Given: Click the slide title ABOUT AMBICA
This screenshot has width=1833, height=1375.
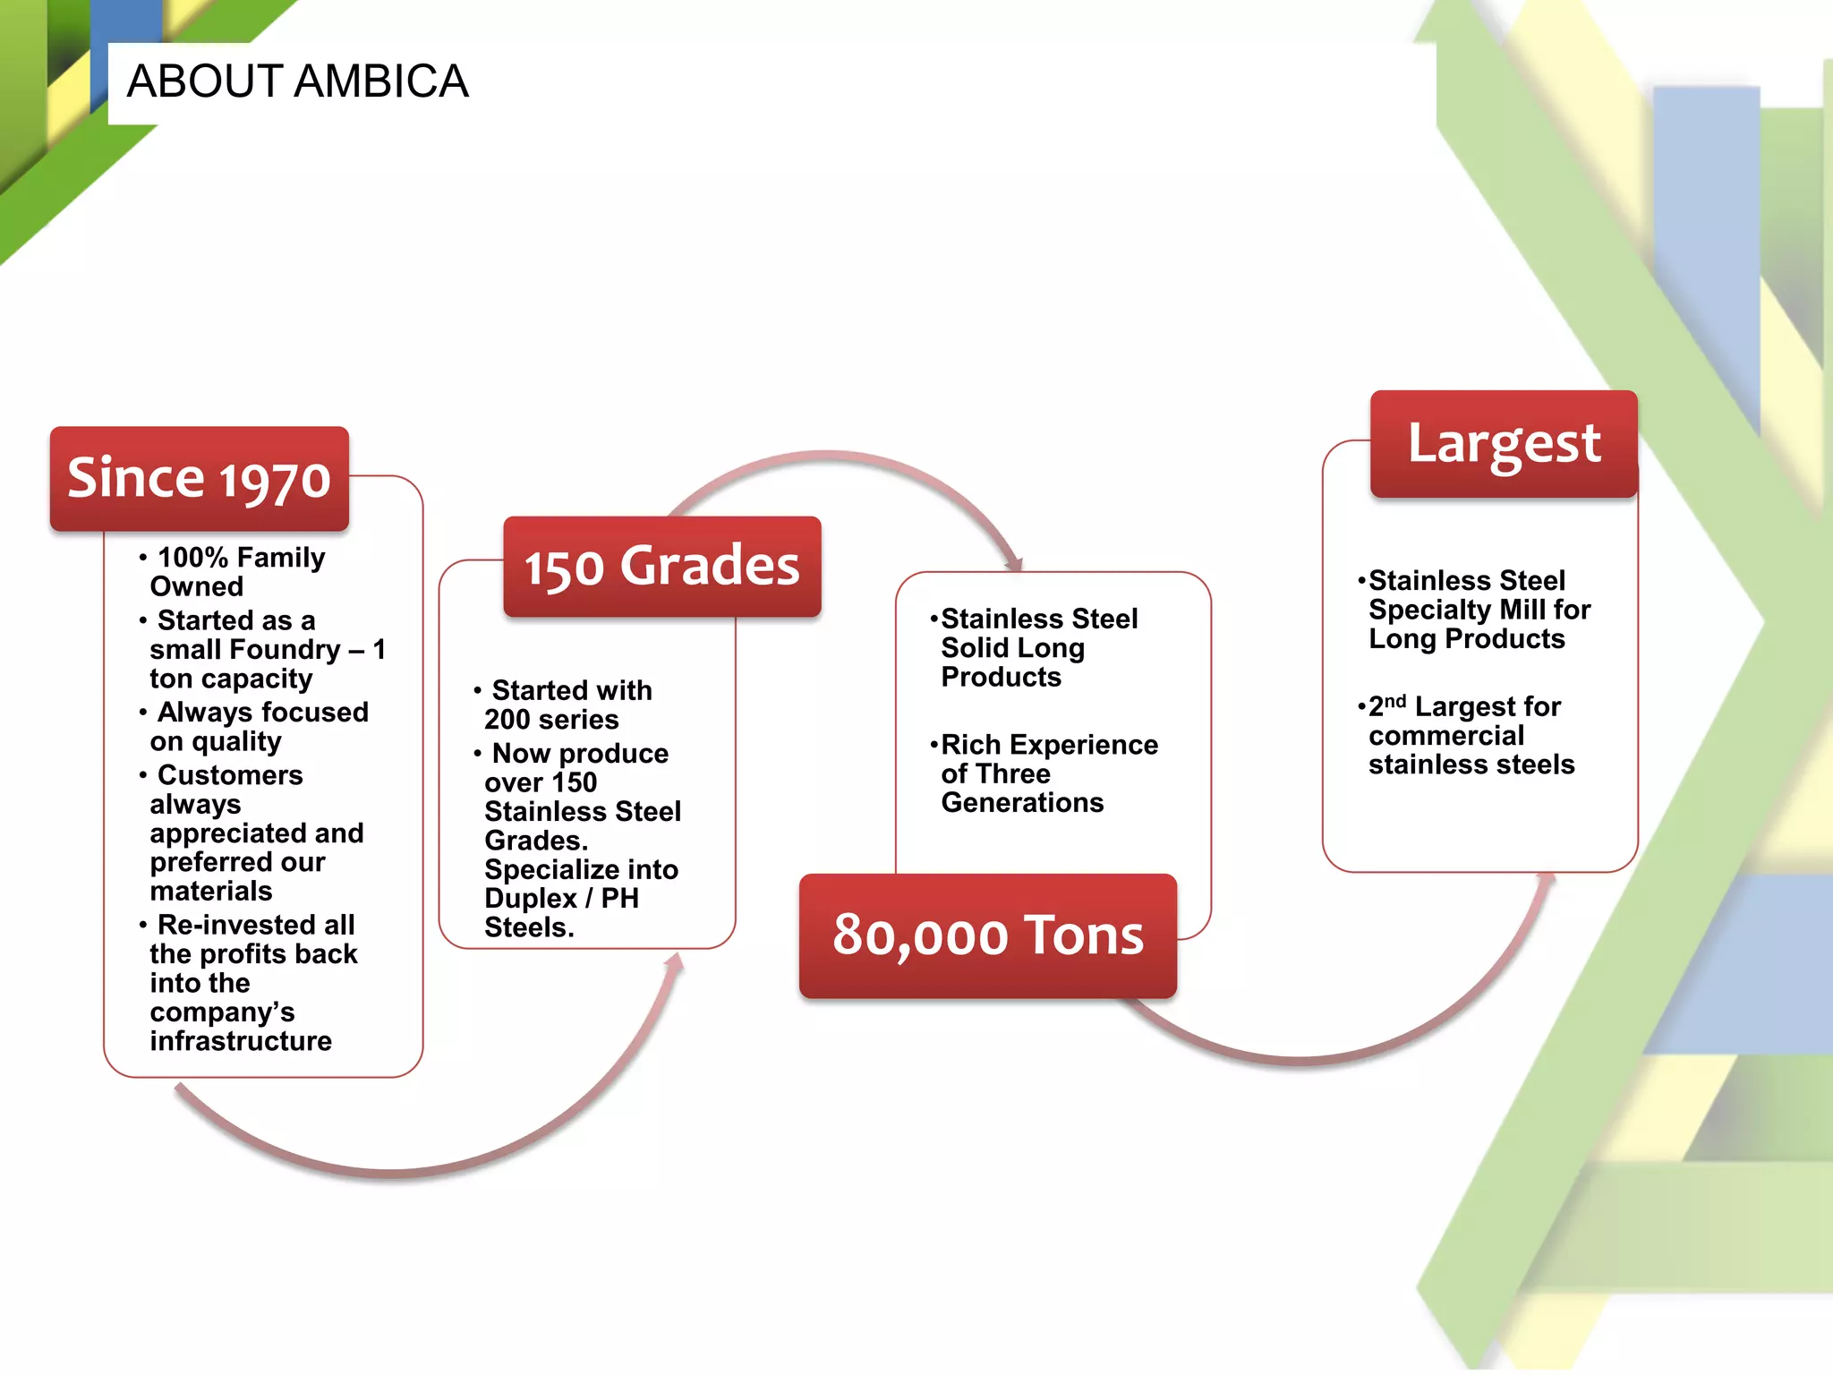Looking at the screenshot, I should coord(297,81).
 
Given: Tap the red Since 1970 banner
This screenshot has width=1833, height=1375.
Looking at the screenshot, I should coord(199,478).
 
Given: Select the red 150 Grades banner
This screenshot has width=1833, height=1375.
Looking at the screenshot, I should coord(661,567).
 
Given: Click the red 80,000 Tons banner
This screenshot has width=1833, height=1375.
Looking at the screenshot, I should coord(987,935).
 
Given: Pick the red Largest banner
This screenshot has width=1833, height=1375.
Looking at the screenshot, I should coord(1504,444).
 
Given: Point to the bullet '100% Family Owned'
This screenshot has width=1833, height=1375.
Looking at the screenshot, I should coord(237,572).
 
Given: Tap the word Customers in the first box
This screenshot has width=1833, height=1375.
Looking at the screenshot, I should coord(230,775).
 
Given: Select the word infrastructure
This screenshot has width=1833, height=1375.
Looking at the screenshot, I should coord(241,1041).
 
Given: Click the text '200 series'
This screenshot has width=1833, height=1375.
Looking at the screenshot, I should coord(551,720).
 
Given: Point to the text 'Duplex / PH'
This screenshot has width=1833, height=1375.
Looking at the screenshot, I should coord(561,899).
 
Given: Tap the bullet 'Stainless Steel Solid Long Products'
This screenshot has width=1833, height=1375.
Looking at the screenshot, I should coord(1038,648).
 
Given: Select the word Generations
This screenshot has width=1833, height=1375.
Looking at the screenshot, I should coord(1022,803).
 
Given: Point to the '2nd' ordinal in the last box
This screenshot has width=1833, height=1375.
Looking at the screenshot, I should coord(1386,706).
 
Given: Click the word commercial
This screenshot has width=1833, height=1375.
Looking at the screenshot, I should coord(1445,736).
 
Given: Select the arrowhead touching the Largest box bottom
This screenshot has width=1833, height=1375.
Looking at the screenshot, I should coord(1547,879).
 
